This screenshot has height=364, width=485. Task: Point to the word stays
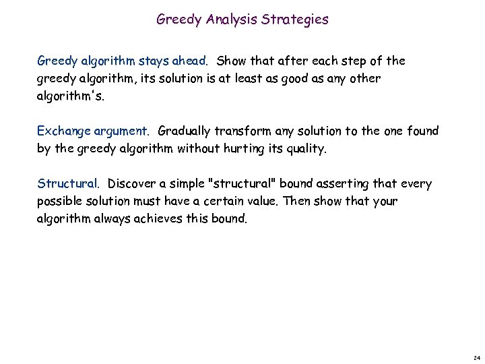pyautogui.click(x=154, y=61)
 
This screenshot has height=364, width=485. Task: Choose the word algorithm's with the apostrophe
pyautogui.click(x=71, y=96)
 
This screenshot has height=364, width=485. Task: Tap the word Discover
pyautogui.click(x=133, y=183)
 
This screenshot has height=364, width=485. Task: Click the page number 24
pyautogui.click(x=476, y=357)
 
